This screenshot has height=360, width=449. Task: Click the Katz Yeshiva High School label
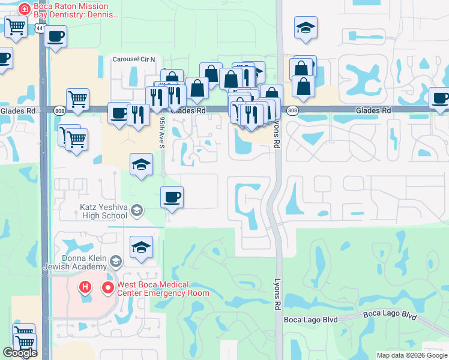[103, 211]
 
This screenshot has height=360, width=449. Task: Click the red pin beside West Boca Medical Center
[108, 288]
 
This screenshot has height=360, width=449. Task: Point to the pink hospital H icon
[85, 287]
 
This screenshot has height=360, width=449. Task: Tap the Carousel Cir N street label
[134, 59]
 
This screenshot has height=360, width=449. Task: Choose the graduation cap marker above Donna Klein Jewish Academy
[141, 247]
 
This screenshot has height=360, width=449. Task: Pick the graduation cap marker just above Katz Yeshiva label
[141, 164]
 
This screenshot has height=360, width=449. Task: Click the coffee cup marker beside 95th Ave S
[172, 197]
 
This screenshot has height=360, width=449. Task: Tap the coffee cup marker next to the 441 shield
[56, 37]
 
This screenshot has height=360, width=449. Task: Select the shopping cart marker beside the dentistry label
[16, 26]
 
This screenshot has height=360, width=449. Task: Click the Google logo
[20, 353]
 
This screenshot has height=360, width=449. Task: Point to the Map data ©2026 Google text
[412, 355]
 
